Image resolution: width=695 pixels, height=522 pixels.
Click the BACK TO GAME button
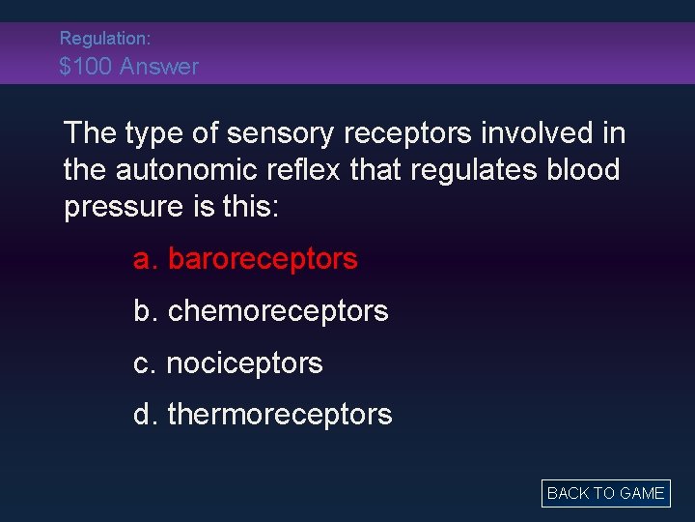605,493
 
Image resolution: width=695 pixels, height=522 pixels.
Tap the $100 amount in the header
87,67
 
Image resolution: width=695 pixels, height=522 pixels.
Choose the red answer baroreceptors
245,259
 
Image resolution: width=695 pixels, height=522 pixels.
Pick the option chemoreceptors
261,311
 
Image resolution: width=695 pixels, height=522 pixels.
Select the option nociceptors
228,363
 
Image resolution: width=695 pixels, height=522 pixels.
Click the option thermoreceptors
263,415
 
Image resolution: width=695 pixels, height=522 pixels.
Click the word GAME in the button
642,493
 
